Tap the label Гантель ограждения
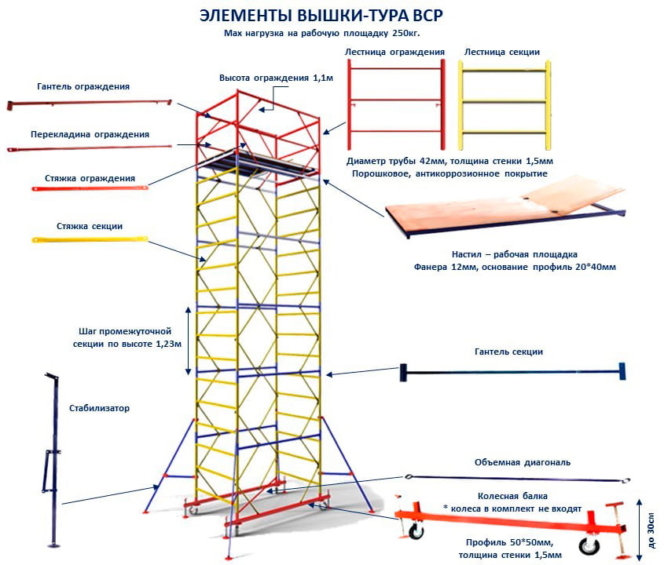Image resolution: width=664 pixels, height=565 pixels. (83, 86)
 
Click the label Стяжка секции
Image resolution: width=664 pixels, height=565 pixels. (90, 226)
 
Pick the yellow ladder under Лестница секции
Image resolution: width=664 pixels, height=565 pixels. (503, 102)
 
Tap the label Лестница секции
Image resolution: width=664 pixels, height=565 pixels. (501, 52)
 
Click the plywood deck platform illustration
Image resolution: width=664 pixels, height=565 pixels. (503, 208)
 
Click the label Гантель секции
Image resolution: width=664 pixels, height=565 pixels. (508, 352)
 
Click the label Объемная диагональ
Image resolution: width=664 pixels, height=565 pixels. (523, 462)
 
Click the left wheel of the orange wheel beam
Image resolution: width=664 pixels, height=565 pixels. (415, 534)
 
